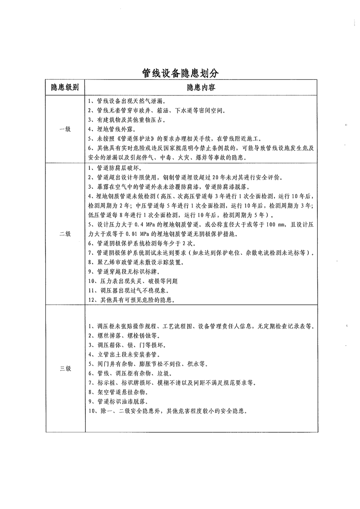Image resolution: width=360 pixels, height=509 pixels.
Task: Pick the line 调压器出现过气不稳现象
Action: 130,290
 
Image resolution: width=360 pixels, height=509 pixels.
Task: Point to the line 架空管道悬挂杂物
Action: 119,392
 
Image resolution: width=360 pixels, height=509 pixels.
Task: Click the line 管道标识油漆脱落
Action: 119,401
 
